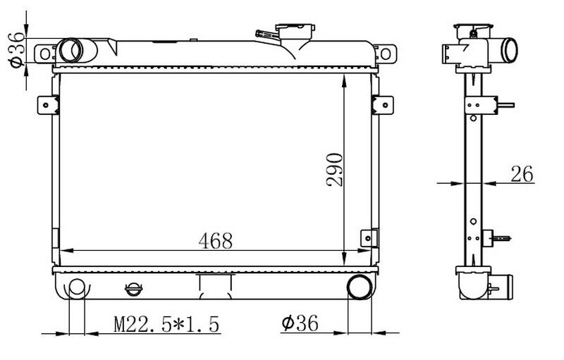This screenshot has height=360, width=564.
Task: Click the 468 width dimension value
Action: click(x=215, y=240)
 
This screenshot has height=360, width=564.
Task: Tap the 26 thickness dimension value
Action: click(x=522, y=173)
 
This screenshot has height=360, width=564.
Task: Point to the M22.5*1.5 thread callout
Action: click(x=167, y=324)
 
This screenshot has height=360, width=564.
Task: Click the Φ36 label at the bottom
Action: click(x=300, y=323)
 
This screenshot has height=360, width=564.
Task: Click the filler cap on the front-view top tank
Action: click(x=295, y=32)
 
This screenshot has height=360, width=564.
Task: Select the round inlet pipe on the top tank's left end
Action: click(x=70, y=50)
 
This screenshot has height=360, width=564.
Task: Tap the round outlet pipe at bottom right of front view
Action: click(x=360, y=287)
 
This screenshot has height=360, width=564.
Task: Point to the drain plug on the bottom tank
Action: click(x=133, y=289)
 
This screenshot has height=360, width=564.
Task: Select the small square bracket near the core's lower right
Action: click(x=367, y=238)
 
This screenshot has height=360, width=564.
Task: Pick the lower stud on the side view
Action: click(x=502, y=238)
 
